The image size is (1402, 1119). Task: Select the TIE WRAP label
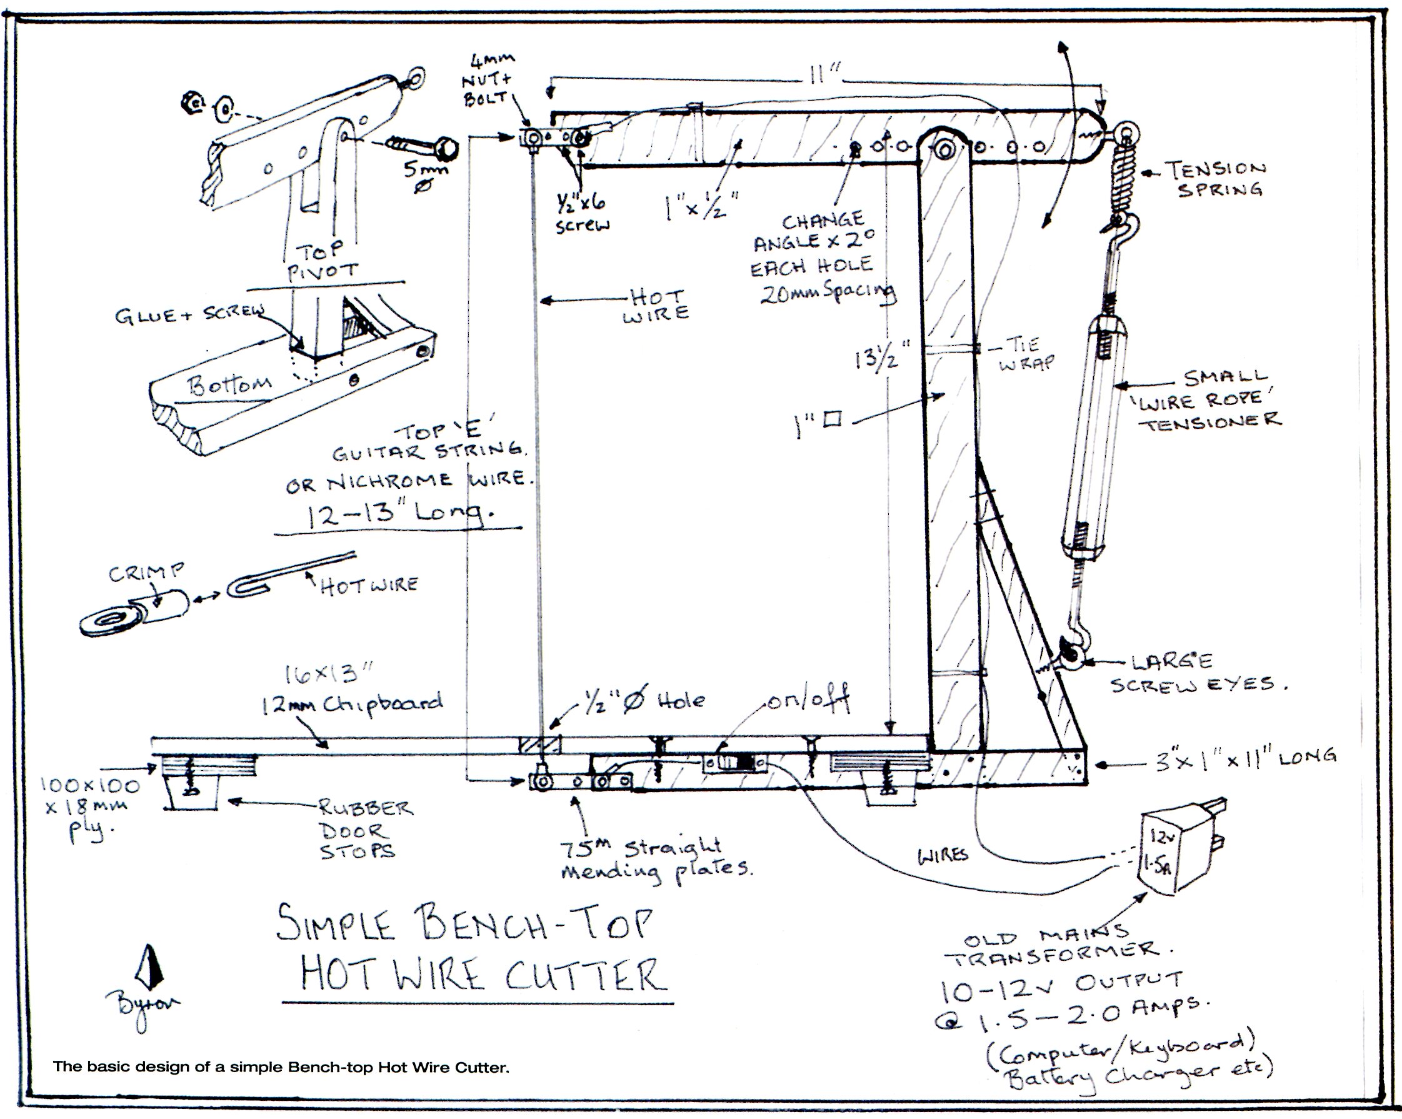(1026, 353)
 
